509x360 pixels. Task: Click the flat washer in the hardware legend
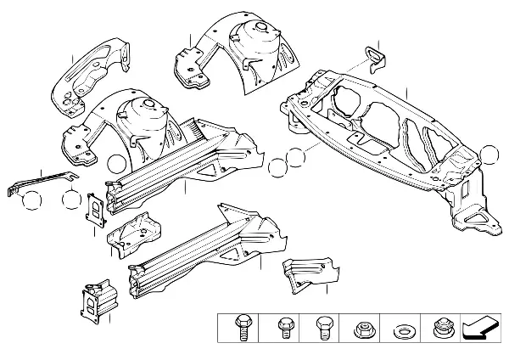pyautogui.click(x=401, y=328)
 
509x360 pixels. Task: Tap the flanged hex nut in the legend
pyautogui.click(x=363, y=327)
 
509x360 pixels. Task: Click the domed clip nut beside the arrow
pyautogui.click(x=440, y=327)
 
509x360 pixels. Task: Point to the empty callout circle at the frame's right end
pyautogui.click(x=489, y=155)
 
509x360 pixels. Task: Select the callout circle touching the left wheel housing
pyautogui.click(x=115, y=165)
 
